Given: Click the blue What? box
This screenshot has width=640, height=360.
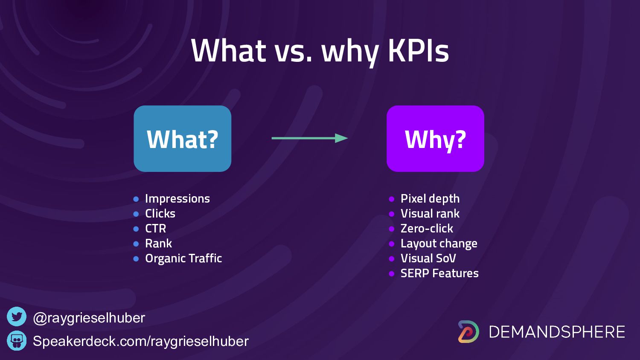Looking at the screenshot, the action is [182, 139].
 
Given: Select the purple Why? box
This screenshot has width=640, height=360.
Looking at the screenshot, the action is [435, 139].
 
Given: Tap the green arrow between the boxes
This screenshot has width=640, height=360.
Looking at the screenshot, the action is [309, 138].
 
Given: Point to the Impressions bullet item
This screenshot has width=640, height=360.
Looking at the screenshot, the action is [177, 199].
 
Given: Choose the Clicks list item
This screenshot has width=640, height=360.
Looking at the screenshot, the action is [160, 213].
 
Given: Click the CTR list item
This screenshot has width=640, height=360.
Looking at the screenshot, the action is [155, 229].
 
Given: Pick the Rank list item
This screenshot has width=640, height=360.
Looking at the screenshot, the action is [159, 244].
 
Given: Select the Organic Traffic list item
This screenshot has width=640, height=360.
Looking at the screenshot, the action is [183, 258].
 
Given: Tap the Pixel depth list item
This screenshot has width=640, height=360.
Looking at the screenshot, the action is [430, 199].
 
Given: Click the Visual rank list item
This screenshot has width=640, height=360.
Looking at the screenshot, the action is [430, 213].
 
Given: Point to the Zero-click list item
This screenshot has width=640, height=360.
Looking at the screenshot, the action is [427, 229].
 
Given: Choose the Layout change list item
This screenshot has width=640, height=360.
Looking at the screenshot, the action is [439, 244].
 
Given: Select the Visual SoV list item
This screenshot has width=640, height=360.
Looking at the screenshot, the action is [428, 258].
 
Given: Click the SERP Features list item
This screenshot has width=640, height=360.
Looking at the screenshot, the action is [439, 273].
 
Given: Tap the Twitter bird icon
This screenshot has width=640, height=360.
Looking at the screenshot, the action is [17, 316].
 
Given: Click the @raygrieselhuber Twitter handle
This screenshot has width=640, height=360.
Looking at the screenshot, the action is [89, 318].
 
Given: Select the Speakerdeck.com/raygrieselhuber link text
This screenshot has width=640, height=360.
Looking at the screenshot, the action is [140, 341].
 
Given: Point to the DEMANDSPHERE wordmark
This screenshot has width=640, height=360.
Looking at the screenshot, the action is [557, 332].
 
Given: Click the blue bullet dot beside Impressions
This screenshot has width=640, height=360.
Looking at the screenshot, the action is [136, 199].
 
